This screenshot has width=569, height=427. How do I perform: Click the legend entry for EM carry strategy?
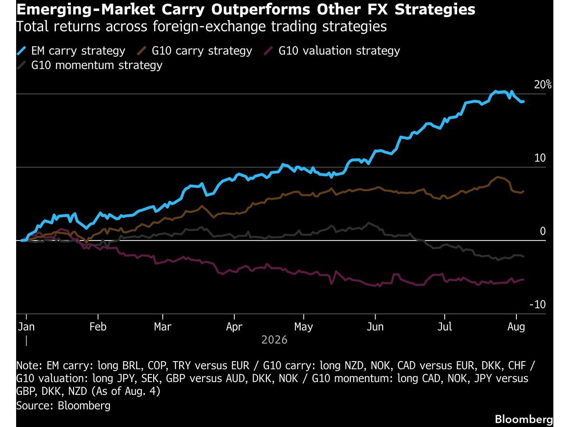tap(71, 51)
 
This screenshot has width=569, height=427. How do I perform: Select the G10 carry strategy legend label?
tap(194, 51)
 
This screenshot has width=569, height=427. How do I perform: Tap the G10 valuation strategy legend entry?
tap(332, 51)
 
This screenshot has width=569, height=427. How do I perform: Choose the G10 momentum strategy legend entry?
tap(90, 65)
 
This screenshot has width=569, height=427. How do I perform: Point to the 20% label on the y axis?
tap(542, 85)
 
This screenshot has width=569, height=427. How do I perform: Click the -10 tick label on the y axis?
tap(537, 305)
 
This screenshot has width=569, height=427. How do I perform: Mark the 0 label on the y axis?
tap(542, 231)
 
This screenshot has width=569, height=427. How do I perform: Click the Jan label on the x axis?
tap(26, 327)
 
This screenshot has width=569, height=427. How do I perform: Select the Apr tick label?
tap(234, 327)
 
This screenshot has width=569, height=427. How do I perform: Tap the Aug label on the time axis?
tap(516, 327)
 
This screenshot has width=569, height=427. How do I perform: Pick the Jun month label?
tap(375, 327)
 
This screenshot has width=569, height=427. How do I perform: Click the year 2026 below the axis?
tap(275, 340)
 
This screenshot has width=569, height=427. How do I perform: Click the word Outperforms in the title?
tap(260, 10)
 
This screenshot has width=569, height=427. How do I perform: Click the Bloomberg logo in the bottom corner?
tap(523, 419)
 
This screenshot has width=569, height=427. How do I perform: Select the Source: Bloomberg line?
tap(63, 406)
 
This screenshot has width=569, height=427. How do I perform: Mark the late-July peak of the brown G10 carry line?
tap(498, 177)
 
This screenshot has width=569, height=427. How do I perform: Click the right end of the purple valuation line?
tap(523, 279)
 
